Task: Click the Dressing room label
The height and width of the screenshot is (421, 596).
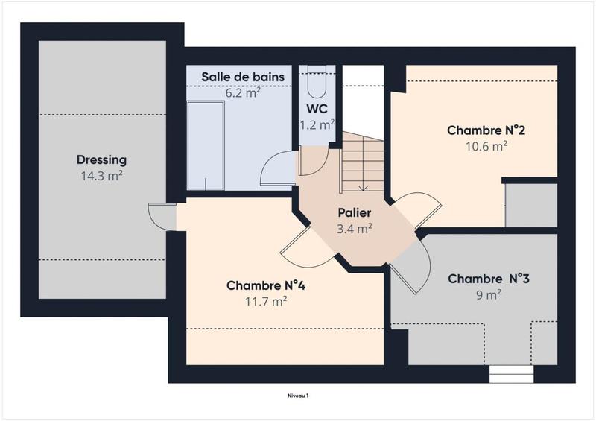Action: (x=101, y=159)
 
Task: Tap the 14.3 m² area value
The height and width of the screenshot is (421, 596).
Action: (x=101, y=176)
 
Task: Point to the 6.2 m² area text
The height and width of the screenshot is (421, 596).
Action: (x=243, y=94)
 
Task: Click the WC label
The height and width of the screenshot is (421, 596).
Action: (x=317, y=109)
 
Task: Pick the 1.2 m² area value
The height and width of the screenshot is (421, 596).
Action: (x=317, y=125)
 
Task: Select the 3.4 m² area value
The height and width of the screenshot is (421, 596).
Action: (x=354, y=229)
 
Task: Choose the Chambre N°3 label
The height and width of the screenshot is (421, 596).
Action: (x=488, y=279)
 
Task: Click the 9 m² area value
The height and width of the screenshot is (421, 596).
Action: (x=488, y=294)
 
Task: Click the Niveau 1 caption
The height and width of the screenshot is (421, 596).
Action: (x=298, y=396)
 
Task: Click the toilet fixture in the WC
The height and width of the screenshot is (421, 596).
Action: (x=317, y=83)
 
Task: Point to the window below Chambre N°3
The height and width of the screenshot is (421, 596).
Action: (x=511, y=373)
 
